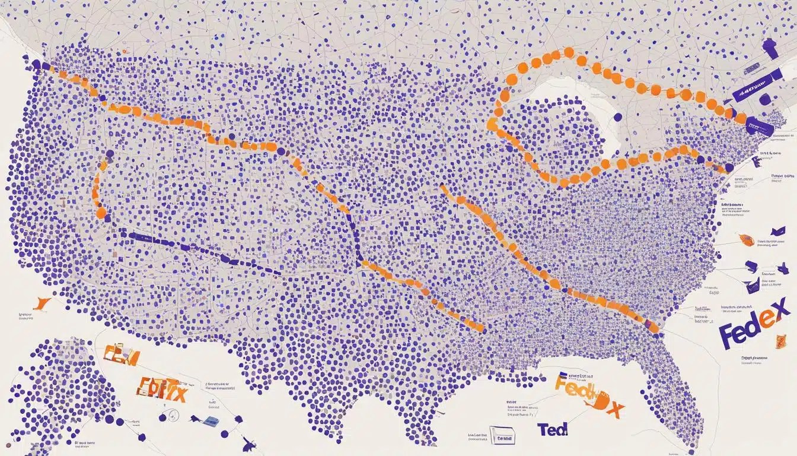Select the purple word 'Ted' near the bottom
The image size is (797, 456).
click(552, 429)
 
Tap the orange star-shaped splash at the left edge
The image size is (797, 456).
click(40, 303)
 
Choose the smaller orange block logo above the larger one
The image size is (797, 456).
click(121, 356)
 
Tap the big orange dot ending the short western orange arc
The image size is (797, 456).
click(101, 212)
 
